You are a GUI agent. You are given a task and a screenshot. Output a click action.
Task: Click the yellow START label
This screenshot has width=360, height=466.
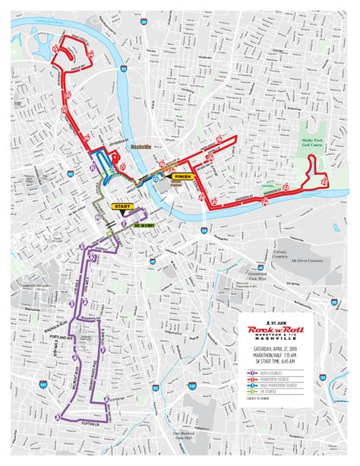[122, 205]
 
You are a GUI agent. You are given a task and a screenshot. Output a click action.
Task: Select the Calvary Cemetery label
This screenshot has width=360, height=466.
[280, 257]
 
